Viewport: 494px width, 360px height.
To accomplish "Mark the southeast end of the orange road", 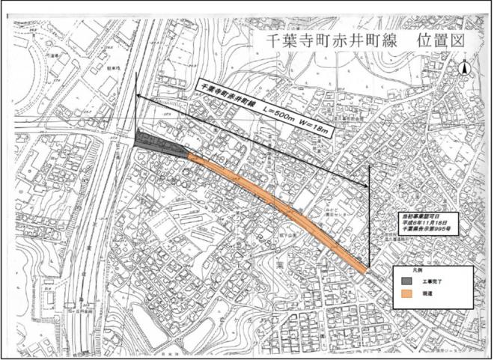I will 365,271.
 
